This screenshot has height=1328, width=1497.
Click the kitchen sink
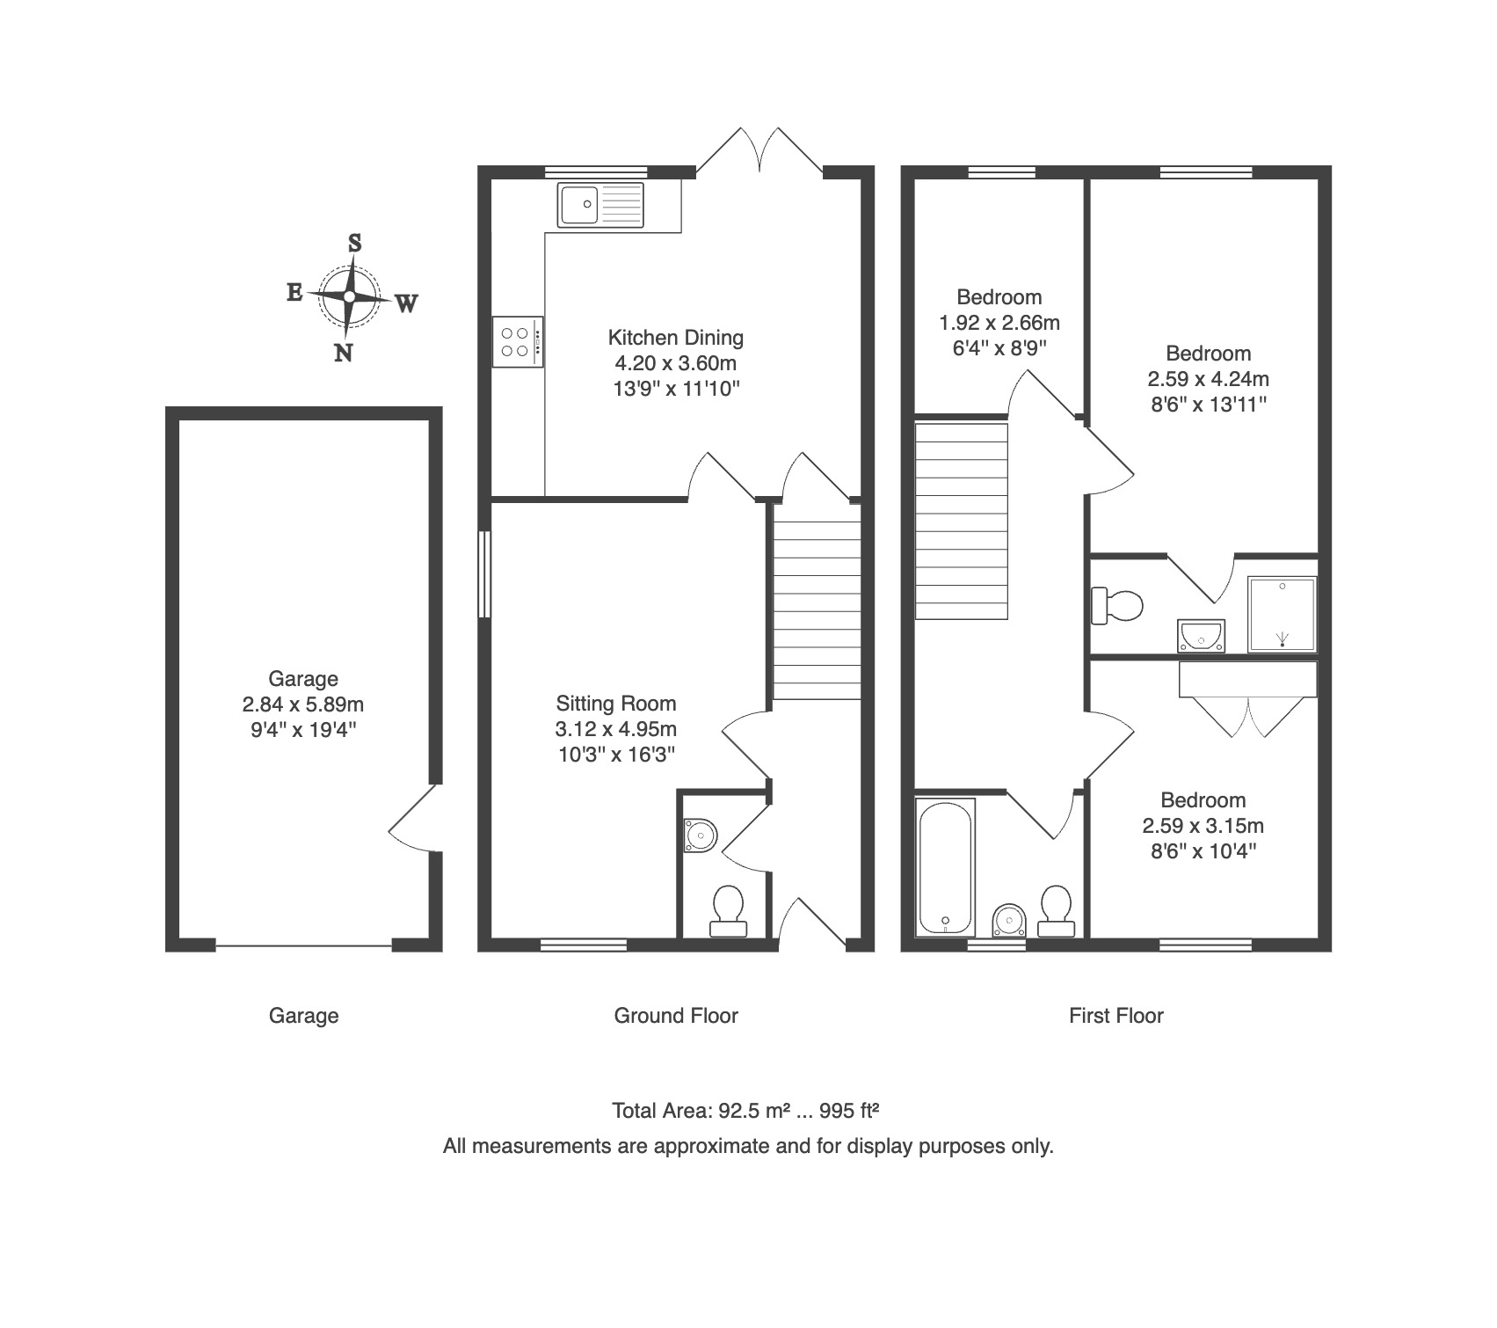(600, 203)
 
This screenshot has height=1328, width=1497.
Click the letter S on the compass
(355, 244)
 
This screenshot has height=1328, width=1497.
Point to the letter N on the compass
(344, 353)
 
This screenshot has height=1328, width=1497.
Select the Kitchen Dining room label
(676, 338)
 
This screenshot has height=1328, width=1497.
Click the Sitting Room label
(616, 704)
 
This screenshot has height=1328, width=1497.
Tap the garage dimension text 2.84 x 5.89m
(303, 704)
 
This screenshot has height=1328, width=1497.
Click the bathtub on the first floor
(946, 867)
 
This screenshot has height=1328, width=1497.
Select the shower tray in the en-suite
(1283, 615)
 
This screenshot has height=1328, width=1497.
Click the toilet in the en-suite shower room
(1117, 605)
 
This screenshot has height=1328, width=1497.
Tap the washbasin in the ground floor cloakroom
(700, 835)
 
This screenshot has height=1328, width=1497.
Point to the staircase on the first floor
(962, 521)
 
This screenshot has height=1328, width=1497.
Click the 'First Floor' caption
(1116, 1016)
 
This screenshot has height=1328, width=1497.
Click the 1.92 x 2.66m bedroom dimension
(999, 323)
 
